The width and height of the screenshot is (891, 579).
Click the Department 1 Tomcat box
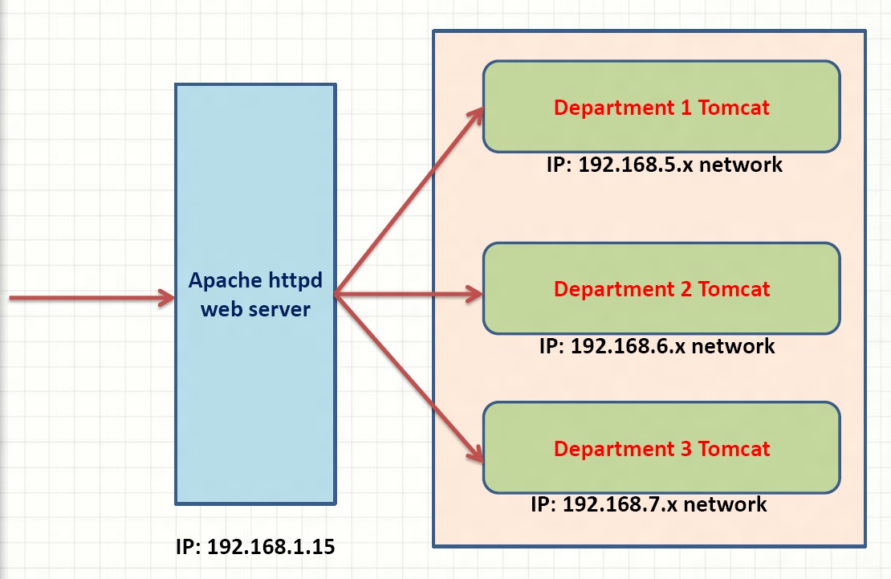pyautogui.click(x=661, y=106)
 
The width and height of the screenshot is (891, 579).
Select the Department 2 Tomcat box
pyautogui.click(x=661, y=288)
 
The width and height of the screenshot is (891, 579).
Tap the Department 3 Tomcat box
pyautogui.click(x=661, y=447)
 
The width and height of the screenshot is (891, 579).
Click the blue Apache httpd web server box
pyautogui.click(x=256, y=294)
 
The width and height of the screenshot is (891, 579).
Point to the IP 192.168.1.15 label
pyautogui.click(x=255, y=547)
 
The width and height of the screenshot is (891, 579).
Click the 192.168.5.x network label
pyautogui.click(x=665, y=165)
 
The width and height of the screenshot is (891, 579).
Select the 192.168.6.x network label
pyautogui.click(x=657, y=346)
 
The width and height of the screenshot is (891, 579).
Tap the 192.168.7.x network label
pyautogui.click(x=649, y=504)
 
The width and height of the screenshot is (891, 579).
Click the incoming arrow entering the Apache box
pyautogui.click(x=92, y=297)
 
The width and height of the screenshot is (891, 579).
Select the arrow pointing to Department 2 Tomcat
pyautogui.click(x=409, y=294)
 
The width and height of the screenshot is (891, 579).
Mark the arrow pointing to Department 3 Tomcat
pyautogui.click(x=409, y=377)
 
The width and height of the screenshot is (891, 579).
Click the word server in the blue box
pyautogui.click(x=279, y=309)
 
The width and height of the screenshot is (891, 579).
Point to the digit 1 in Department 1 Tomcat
pyautogui.click(x=686, y=108)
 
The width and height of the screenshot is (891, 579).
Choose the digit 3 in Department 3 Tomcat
pyautogui.click(x=686, y=449)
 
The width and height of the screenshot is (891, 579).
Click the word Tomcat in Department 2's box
pyautogui.click(x=734, y=289)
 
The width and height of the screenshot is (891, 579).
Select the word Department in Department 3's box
pyautogui.click(x=614, y=450)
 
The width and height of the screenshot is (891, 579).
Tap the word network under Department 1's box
pyautogui.click(x=740, y=165)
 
